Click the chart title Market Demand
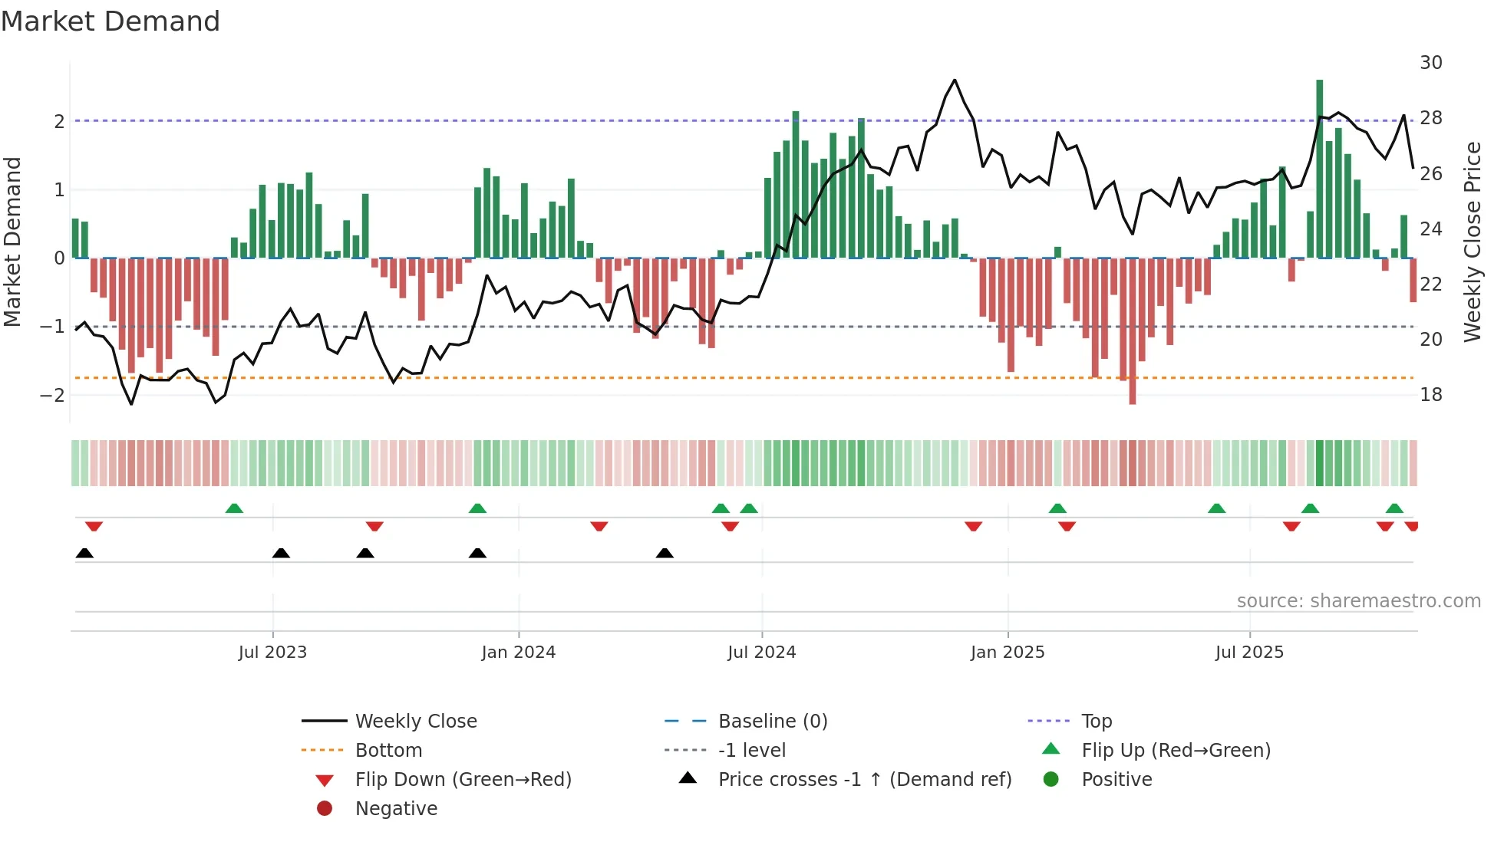coord(110,21)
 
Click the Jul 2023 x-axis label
coord(272,653)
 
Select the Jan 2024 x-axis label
coord(518,653)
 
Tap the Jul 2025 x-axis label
coord(1249,653)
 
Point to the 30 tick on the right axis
coord(1430,63)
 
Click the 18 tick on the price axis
coord(1430,395)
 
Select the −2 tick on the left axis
coord(52,395)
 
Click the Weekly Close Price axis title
coord(1472,242)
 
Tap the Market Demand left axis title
coord(12,242)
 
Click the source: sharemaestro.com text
coord(1358,601)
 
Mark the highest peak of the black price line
coord(955,80)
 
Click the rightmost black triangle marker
coord(665,554)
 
